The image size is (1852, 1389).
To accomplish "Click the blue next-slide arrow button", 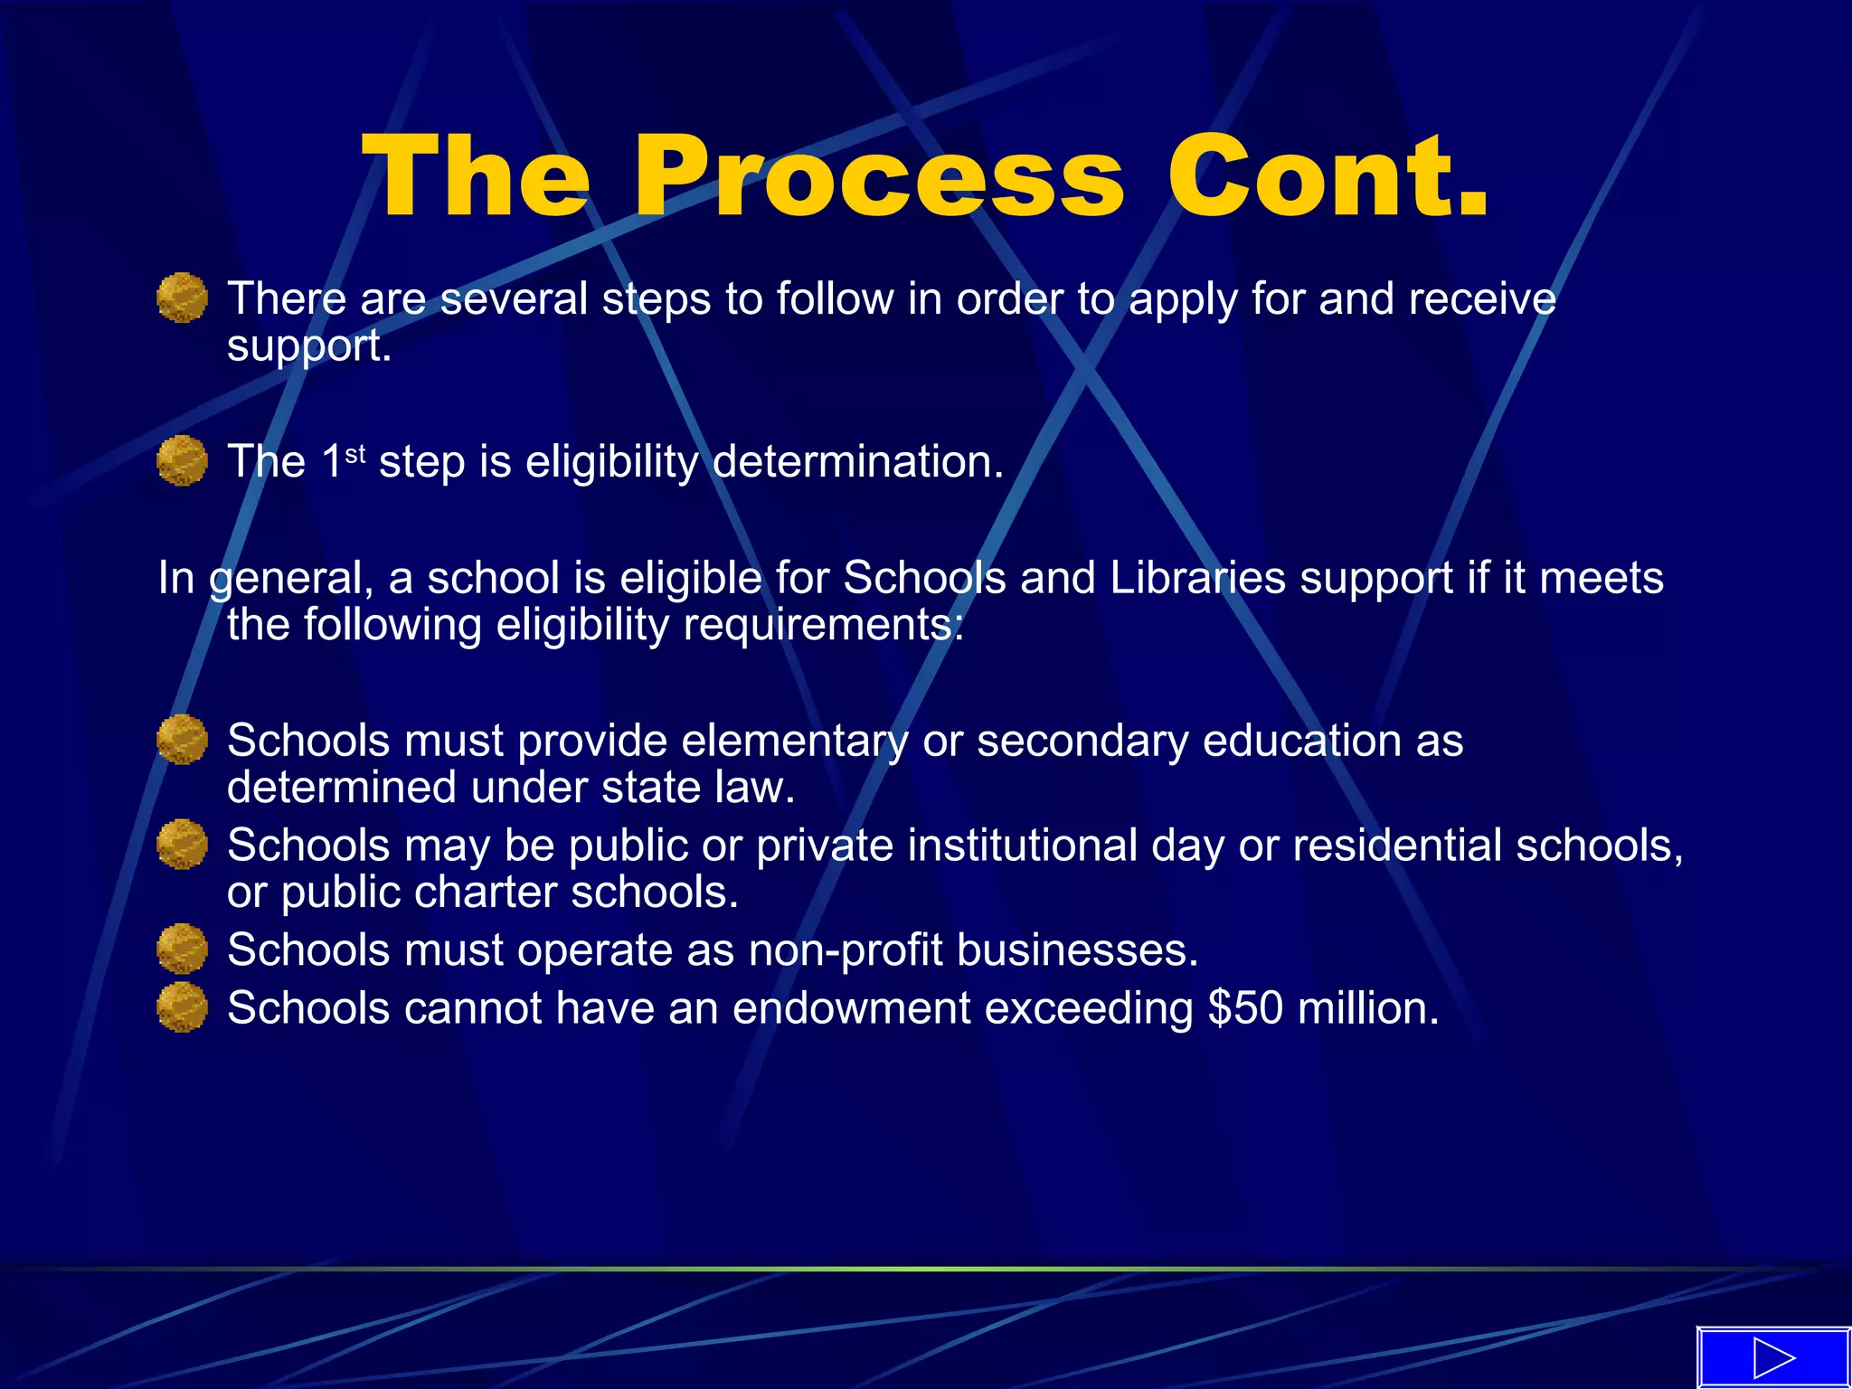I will [1772, 1357].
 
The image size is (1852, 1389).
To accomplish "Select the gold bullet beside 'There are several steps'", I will [182, 298].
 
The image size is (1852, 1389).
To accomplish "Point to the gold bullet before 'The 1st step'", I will [182, 460].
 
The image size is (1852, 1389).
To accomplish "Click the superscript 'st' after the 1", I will [355, 452].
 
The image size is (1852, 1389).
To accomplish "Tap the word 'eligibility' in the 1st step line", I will [612, 462].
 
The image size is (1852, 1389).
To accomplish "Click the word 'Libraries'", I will [1196, 578].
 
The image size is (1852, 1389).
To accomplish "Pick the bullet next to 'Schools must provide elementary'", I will [182, 740].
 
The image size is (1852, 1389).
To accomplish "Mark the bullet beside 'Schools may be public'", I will [182, 845].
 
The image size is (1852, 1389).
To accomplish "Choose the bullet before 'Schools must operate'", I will [182, 949].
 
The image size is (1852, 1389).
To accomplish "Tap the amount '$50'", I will [1245, 1008].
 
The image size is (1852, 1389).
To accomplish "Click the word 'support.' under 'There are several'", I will [309, 346].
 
